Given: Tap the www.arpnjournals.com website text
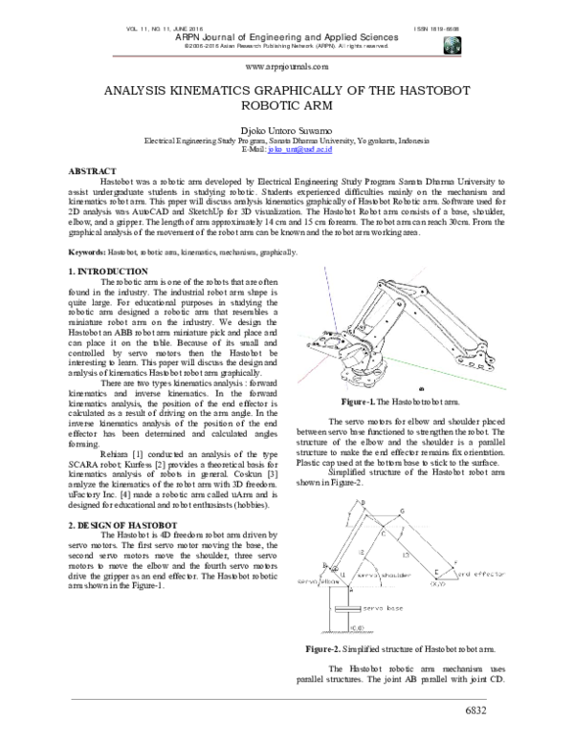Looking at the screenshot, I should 287,67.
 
